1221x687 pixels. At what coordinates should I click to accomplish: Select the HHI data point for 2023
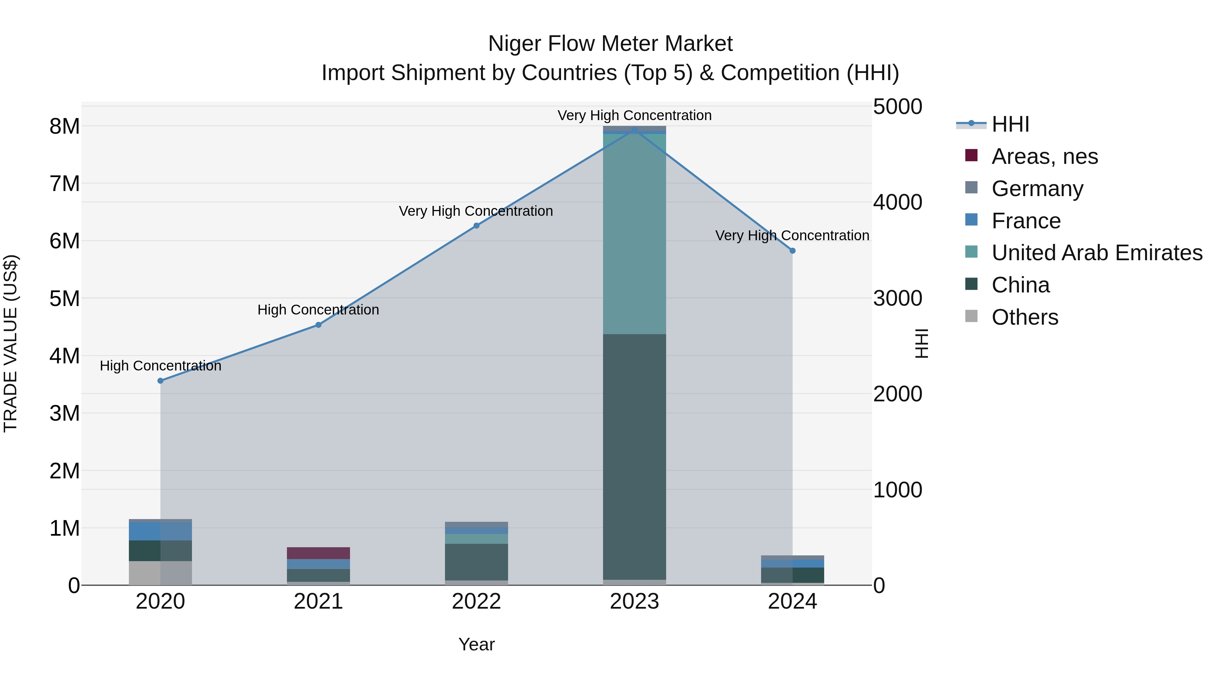coord(634,130)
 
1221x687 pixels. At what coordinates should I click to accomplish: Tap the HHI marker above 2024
coord(793,251)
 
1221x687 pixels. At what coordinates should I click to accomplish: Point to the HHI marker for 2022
coord(477,226)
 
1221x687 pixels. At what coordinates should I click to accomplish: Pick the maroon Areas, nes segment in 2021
coord(318,553)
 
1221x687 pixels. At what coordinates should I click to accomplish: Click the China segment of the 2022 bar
coord(477,562)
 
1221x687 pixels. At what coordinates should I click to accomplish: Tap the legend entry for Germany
coord(1037,189)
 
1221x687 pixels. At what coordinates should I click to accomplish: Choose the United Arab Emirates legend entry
coord(1096,253)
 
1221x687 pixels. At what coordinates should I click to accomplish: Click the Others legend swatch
coord(971,316)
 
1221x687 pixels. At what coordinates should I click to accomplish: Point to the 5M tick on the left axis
coord(64,299)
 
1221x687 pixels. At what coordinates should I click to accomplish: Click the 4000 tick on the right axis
coord(897,203)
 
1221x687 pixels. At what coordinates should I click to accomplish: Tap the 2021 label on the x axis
coord(318,602)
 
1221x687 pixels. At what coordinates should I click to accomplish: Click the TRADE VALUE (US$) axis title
coord(11,343)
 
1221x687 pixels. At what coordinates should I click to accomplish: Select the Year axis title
coord(477,644)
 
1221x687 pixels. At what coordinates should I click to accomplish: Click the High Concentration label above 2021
coord(318,310)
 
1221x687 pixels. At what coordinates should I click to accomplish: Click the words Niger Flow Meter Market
coord(610,44)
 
